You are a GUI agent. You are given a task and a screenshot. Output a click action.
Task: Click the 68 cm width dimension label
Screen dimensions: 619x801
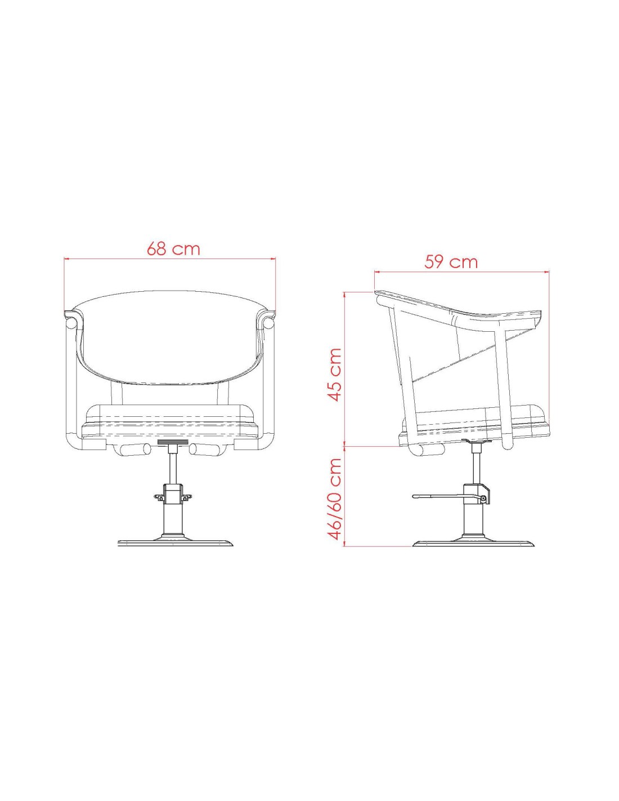173,248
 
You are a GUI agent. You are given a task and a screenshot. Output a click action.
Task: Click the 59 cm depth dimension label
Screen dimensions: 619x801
451,262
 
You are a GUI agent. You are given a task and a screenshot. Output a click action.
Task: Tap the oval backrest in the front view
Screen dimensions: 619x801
170,337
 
